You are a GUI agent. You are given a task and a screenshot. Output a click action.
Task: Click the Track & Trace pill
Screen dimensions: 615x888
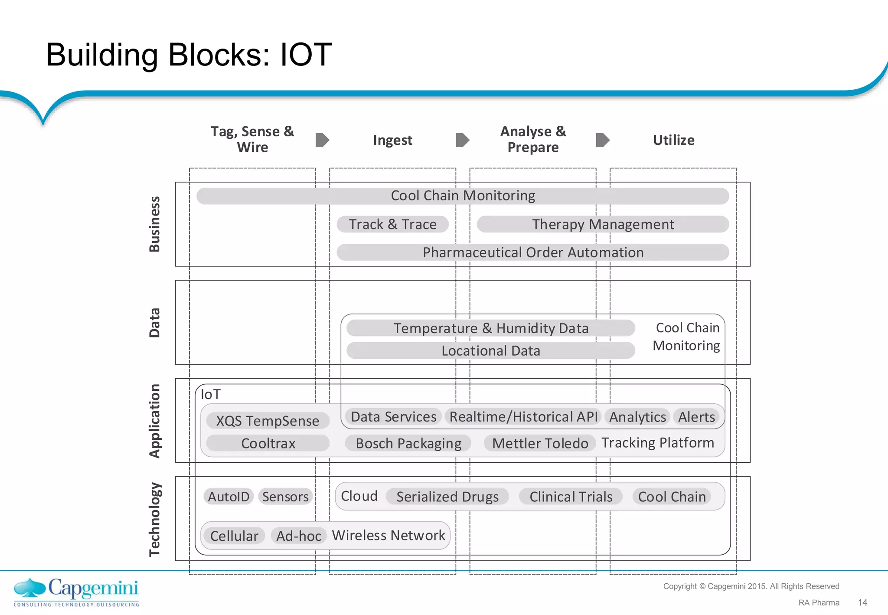point(392,224)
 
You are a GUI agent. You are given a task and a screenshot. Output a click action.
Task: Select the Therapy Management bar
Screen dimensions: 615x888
point(603,224)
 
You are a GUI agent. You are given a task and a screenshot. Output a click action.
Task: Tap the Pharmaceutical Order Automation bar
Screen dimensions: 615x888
point(532,252)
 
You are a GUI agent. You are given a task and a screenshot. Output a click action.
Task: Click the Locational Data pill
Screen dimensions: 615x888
point(490,350)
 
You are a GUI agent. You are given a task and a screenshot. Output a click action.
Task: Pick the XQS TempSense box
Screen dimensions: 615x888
point(268,421)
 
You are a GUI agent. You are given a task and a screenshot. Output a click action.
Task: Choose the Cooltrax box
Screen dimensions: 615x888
point(268,443)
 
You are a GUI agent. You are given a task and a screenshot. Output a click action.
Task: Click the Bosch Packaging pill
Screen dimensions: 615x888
point(408,443)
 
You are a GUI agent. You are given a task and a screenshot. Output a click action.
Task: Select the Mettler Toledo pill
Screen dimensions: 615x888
point(540,443)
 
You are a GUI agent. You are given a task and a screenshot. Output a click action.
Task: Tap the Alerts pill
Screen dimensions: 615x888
point(696,417)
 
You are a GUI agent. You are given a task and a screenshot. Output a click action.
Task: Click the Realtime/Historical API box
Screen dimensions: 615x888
point(523,417)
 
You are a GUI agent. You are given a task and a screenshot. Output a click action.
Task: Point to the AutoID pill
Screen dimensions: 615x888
point(229,497)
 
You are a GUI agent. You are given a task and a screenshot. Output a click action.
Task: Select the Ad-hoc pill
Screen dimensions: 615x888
point(298,536)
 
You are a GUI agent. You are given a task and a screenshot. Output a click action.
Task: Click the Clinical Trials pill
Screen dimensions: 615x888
point(571,497)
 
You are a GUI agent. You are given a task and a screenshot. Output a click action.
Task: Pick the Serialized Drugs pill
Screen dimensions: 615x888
point(447,497)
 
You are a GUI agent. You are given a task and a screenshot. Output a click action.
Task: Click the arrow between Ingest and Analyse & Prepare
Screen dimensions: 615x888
point(463,140)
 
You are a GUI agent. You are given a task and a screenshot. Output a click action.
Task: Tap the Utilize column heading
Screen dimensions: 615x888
point(673,140)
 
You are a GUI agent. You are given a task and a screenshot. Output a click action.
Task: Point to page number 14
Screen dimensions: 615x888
point(862,602)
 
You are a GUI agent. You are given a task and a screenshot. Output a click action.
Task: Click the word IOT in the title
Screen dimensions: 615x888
point(306,55)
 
